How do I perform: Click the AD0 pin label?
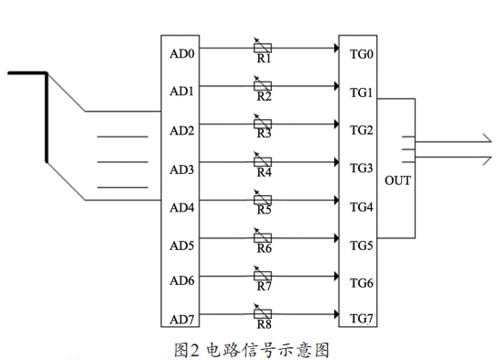(182, 54)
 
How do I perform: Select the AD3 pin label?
(182, 169)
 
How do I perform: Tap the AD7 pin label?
(182, 319)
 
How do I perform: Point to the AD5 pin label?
(182, 245)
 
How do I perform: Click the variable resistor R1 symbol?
(264, 47)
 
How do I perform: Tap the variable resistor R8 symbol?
(264, 313)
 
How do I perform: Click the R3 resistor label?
(264, 134)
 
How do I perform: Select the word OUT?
(398, 180)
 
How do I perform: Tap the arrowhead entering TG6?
(334, 276)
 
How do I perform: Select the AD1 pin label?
(182, 92)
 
